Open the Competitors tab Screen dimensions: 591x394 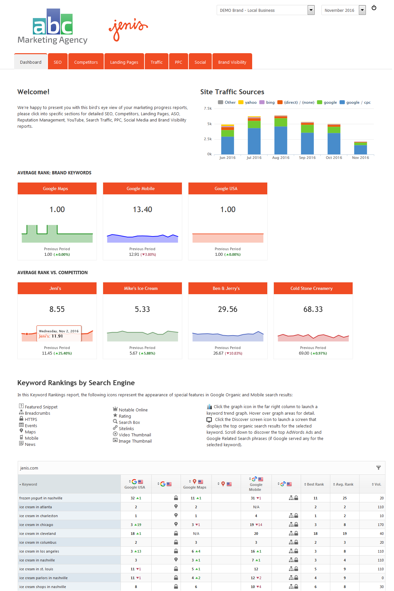coord(86,62)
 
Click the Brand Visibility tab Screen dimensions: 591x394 coord(232,62)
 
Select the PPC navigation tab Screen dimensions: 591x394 coord(178,62)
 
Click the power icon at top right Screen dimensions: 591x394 coord(374,8)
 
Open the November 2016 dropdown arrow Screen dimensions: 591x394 coord(362,10)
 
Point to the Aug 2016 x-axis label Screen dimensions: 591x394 coord(281,158)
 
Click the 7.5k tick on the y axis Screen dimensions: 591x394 coord(208,108)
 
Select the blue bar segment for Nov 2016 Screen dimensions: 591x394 coord(361,149)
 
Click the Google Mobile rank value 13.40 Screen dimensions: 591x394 coord(142,209)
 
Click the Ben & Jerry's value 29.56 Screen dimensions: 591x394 coord(228,309)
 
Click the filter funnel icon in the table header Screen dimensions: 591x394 coord(379,468)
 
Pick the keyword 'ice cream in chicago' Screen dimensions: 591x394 coord(36,525)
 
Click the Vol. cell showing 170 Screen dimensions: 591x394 coord(381,525)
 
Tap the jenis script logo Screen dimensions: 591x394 coord(128,30)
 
